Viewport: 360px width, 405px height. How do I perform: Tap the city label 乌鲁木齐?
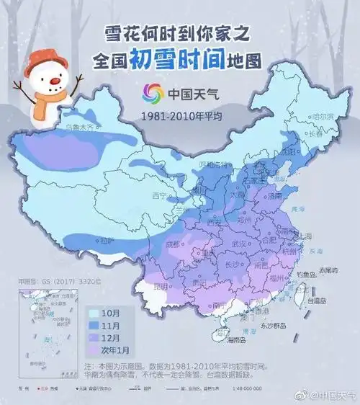point(81,127)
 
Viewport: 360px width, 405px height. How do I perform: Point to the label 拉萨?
point(104,239)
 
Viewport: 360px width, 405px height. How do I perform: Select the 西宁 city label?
point(160,195)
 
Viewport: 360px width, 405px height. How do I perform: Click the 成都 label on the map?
point(172,244)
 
